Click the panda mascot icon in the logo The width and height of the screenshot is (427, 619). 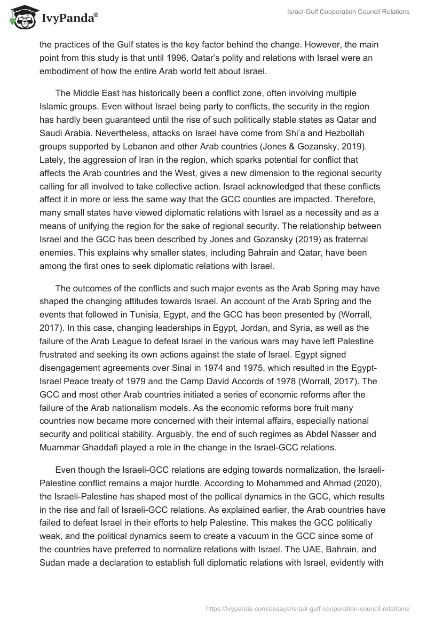coord(21,18)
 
